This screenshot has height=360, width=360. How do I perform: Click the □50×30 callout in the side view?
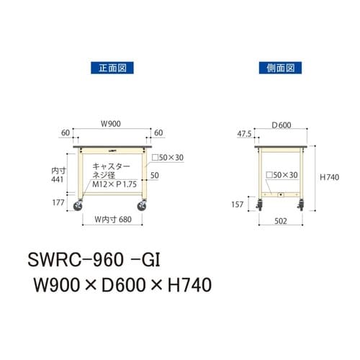pos(282,175)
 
